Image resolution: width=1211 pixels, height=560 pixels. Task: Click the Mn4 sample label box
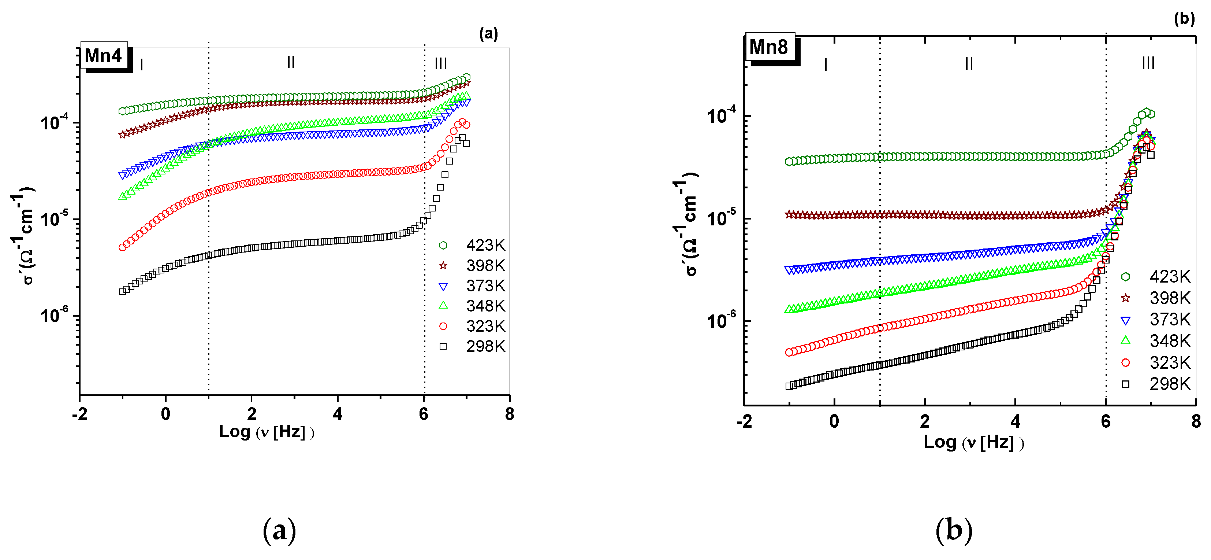click(x=104, y=56)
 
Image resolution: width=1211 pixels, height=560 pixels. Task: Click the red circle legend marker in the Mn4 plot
click(x=443, y=326)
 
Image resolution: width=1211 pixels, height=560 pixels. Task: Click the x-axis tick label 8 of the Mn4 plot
click(x=510, y=414)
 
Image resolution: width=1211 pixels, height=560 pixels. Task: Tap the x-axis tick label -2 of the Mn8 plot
click(x=744, y=421)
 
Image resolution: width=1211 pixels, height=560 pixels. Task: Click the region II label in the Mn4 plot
click(x=291, y=62)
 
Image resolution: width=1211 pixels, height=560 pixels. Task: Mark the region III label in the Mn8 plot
click(x=1148, y=63)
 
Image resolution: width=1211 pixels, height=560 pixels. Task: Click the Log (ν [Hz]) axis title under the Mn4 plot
click(x=267, y=431)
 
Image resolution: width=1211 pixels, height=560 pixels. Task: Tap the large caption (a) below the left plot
click(x=280, y=530)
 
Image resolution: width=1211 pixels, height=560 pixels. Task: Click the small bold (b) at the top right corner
click(x=1184, y=19)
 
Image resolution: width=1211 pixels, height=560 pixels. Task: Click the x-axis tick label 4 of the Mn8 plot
click(x=1016, y=421)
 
